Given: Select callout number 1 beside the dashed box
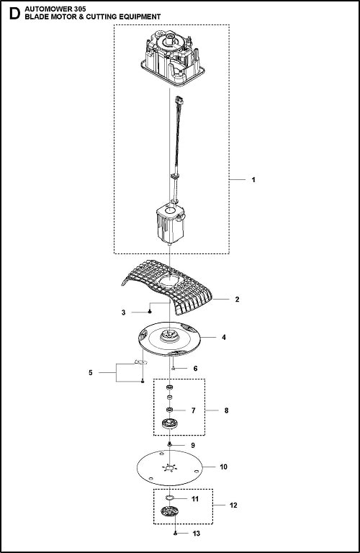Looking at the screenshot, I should [x=254, y=179].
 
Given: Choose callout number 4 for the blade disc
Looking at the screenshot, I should [x=224, y=336].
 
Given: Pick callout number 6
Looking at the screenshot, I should [x=195, y=368].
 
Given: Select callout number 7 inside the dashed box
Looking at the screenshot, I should [x=193, y=410].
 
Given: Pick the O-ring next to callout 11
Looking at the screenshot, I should [x=168, y=498].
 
